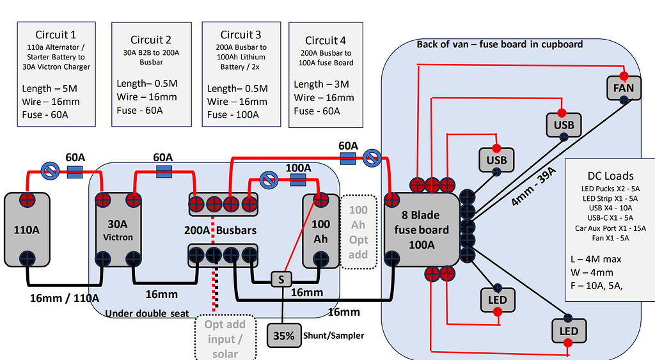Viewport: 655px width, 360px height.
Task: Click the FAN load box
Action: tap(623, 88)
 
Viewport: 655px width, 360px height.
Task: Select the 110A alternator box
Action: tap(26, 229)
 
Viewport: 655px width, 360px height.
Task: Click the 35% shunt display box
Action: tap(283, 335)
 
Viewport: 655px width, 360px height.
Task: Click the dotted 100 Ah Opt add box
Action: tap(358, 231)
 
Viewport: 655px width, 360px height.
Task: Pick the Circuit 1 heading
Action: tap(56, 35)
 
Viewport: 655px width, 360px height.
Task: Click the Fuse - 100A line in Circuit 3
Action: tap(233, 114)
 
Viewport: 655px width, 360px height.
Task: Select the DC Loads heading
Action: tap(610, 176)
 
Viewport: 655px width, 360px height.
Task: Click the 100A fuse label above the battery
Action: tap(298, 168)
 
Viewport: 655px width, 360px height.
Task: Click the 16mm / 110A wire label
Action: tap(65, 297)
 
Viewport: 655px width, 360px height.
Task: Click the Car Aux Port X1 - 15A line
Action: tap(610, 228)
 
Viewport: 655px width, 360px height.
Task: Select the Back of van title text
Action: tap(500, 44)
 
